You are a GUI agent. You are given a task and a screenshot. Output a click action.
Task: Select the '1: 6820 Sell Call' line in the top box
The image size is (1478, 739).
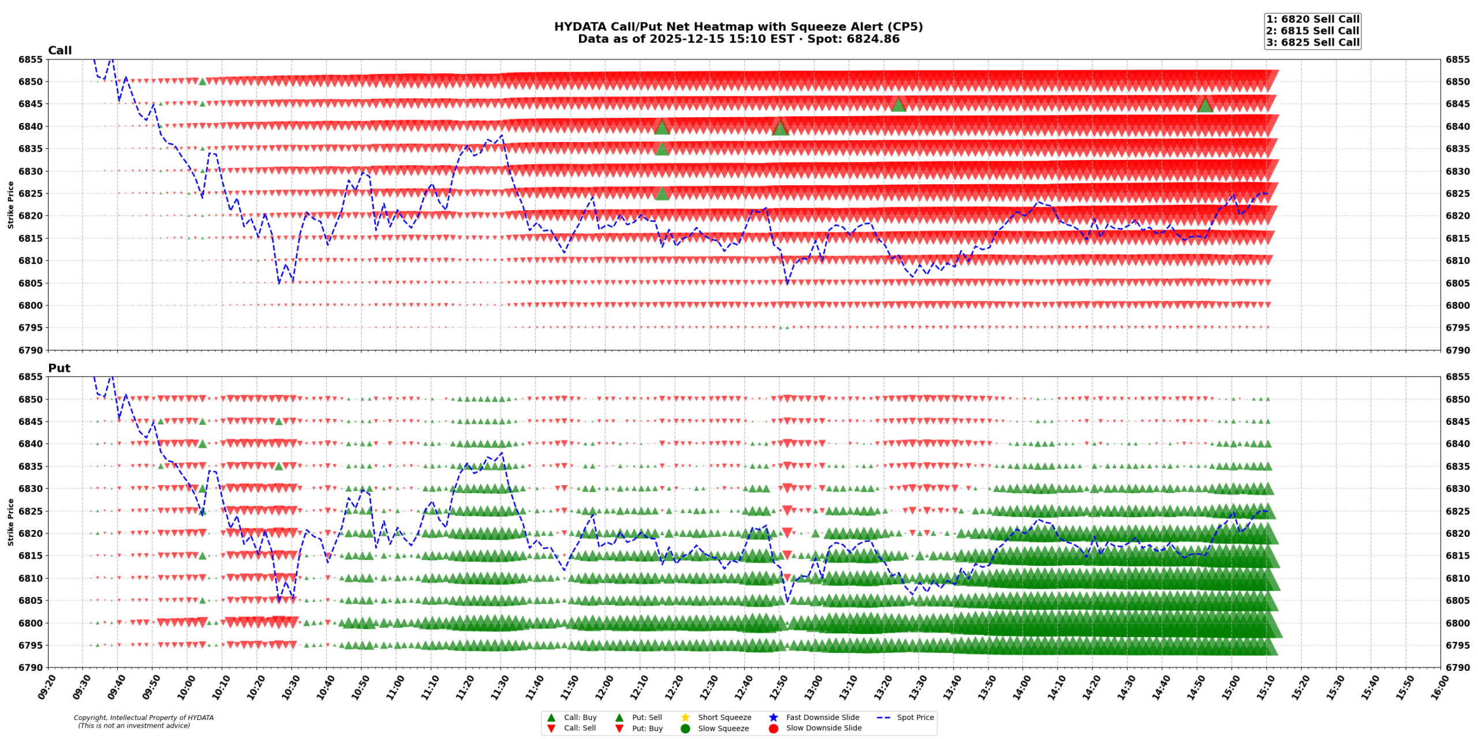(x=1312, y=19)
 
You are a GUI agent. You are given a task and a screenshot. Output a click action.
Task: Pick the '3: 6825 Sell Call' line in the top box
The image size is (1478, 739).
(x=1312, y=42)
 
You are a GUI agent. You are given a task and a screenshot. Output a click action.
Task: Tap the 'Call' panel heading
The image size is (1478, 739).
(x=59, y=50)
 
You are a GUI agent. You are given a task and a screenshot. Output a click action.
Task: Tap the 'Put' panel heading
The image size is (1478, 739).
(x=59, y=368)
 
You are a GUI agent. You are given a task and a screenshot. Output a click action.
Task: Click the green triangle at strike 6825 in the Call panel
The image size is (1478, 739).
(x=662, y=193)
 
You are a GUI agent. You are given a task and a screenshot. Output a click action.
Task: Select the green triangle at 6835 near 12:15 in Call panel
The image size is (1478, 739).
(x=662, y=148)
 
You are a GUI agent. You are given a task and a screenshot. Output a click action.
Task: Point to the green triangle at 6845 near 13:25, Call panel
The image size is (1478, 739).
(x=898, y=104)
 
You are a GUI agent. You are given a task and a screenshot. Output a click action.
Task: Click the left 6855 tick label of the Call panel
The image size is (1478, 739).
(x=30, y=59)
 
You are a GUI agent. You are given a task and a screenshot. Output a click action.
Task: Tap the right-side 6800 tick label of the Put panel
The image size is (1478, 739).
(x=1457, y=623)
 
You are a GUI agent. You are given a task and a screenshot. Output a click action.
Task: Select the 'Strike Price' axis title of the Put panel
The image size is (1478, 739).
(x=10, y=522)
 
